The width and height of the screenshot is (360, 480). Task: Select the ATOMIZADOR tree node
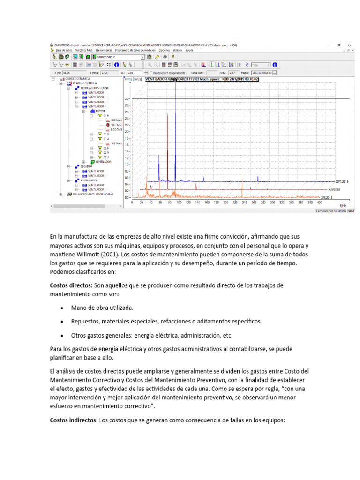(89, 180)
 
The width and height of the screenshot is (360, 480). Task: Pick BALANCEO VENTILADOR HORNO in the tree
(93, 194)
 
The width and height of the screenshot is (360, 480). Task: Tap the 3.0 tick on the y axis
(127, 99)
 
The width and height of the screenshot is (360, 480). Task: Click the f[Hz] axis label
(344, 205)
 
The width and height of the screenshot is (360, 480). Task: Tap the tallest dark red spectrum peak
(167, 114)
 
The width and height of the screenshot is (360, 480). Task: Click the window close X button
(348, 45)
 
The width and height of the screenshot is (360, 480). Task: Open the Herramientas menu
(104, 50)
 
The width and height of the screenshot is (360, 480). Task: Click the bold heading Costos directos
(71, 285)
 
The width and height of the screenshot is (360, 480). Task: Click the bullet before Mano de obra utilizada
(62, 308)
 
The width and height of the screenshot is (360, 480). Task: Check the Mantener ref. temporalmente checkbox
(150, 73)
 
